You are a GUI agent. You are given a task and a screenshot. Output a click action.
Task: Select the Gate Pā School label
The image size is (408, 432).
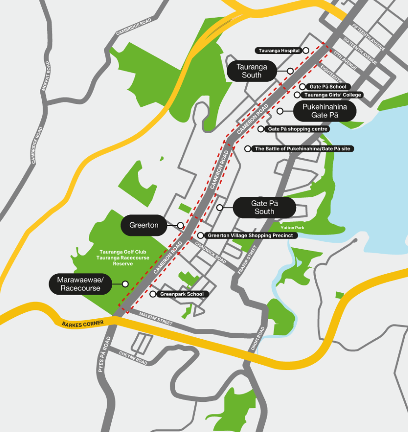coord(328,87)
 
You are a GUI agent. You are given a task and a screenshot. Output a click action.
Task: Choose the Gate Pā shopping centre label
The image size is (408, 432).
coord(298,129)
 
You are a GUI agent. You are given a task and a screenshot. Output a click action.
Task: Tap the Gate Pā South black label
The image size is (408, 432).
coord(264,207)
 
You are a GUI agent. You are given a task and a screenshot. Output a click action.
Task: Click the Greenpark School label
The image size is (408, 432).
coord(181,294)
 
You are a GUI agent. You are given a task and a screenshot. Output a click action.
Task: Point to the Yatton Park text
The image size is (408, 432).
coord(292,228)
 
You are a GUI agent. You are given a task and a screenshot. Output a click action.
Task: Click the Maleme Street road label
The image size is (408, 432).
coord(156,319)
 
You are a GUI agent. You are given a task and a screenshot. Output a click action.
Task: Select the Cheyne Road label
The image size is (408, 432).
coord(133,358)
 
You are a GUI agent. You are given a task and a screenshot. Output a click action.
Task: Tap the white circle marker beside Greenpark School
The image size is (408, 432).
coord(153,294)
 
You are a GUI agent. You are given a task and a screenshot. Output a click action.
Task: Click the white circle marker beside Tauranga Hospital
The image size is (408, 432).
coord(306,50)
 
